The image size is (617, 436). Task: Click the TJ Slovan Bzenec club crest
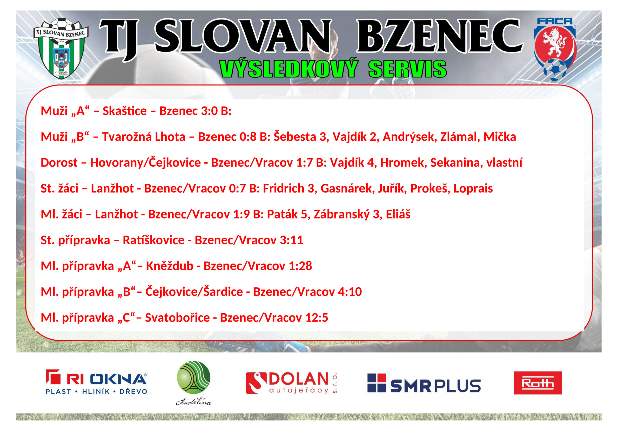click(x=61, y=48)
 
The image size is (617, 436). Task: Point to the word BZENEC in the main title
click(x=440, y=36)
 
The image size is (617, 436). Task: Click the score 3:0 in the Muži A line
click(x=207, y=111)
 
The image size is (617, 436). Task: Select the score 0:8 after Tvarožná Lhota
click(x=248, y=137)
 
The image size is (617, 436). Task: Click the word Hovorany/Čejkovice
click(x=145, y=163)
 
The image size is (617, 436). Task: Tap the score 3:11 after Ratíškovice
click(x=291, y=240)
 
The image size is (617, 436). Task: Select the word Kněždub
click(x=170, y=266)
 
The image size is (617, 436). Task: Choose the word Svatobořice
click(x=177, y=317)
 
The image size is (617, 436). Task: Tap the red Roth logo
click(x=538, y=383)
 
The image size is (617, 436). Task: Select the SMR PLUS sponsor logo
click(x=424, y=383)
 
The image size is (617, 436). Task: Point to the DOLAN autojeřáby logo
click(x=291, y=383)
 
